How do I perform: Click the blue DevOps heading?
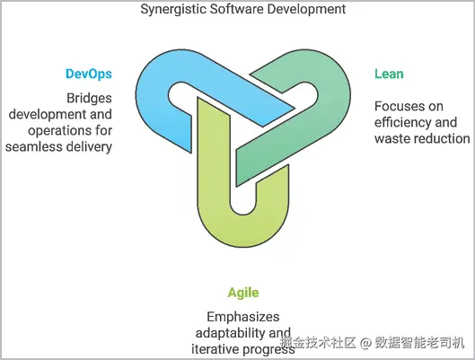tap(89, 74)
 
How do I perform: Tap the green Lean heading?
tap(389, 74)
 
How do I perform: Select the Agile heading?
tap(243, 293)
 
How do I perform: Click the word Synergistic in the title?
tap(173, 9)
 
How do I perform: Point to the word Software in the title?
tap(236, 9)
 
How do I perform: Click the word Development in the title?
tap(306, 9)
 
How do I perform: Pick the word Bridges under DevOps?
tap(89, 99)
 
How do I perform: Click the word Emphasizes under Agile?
tap(243, 317)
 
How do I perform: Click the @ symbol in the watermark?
tap(365, 343)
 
